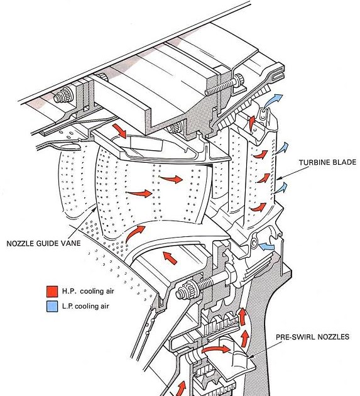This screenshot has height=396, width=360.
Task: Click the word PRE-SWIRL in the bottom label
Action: [x=299, y=337]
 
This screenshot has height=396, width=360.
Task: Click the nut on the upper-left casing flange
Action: [x=62, y=98]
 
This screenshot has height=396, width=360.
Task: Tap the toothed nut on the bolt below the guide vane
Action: [x=187, y=292]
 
